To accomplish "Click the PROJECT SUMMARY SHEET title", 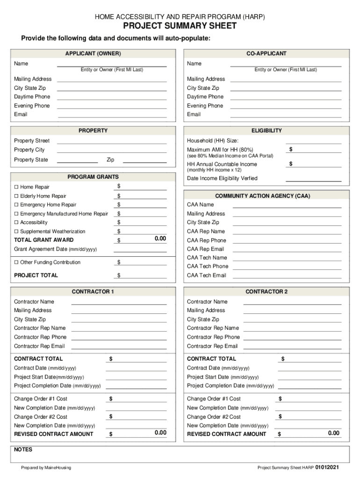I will click(x=180, y=26).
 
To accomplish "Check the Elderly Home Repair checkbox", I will click(x=16, y=196).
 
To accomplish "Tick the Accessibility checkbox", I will click(x=16, y=223).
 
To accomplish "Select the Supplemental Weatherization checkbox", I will click(x=16, y=232).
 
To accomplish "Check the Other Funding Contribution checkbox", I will click(x=16, y=262).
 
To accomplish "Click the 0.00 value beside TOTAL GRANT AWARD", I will click(x=160, y=239).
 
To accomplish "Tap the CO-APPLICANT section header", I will click(x=266, y=54).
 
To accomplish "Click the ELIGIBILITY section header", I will click(x=266, y=131).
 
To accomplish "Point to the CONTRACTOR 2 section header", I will click(x=266, y=292).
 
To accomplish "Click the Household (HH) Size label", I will click(x=213, y=141).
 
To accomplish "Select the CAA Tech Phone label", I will click(x=208, y=266).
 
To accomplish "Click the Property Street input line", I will click(x=112, y=141).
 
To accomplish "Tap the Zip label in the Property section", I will click(x=110, y=160).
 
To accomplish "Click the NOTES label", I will click(x=23, y=450).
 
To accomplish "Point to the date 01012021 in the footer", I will click(x=331, y=467).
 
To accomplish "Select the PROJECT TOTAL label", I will click(x=36, y=276).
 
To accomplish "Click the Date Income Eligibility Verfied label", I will click(x=222, y=178).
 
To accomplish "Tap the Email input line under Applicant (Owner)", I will click(x=112, y=115).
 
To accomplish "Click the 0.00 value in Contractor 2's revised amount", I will click(x=333, y=433).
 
